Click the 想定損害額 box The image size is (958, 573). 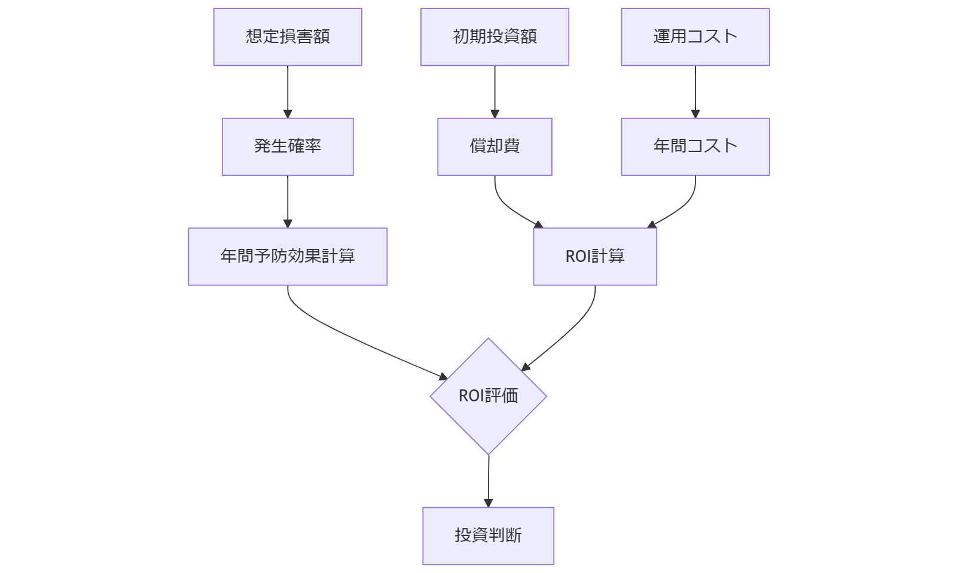coord(288,36)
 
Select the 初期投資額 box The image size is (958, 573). coord(495,36)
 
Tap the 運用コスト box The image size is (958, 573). coord(695,36)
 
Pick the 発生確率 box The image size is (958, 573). coord(288,147)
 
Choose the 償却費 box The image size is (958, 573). coord(495,147)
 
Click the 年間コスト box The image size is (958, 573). coord(695,147)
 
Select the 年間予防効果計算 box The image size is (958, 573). coord(288,257)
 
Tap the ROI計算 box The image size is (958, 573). coord(595,257)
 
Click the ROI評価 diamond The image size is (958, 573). coord(488,396)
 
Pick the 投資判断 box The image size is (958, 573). coord(488,535)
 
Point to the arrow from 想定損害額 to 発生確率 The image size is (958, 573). coord(288,91)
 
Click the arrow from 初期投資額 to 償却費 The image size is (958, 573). coord(495,91)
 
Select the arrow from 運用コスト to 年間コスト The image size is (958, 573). coord(695,91)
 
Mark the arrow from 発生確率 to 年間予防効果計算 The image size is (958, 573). coord(288,201)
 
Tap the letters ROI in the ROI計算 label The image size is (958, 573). coord(578,257)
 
